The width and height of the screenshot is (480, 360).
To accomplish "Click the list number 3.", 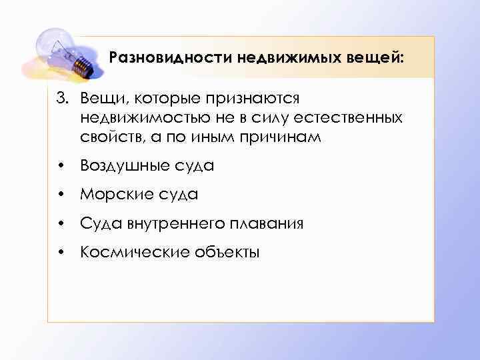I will tap(62, 99).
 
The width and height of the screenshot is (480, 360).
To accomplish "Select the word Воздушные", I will tap(130, 165).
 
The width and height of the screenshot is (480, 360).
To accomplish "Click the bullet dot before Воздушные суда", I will tap(61, 166).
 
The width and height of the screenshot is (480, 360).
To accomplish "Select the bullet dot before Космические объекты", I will tap(61, 253).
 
